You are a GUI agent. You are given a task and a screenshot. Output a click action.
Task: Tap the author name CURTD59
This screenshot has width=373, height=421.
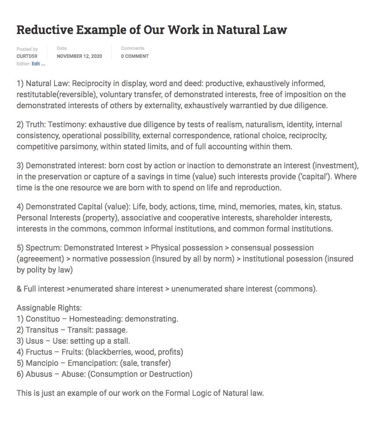(26, 57)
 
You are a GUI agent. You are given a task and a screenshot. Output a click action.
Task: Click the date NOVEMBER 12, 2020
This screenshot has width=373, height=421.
(79, 57)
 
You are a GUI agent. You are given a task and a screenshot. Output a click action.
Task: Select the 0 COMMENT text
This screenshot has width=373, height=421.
(135, 57)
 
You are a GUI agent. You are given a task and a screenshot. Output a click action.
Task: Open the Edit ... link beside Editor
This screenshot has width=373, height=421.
(38, 64)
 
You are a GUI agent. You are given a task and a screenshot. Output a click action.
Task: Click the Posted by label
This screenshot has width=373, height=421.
(27, 49)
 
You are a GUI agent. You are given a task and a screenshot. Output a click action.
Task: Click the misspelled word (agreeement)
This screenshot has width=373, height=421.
(39, 259)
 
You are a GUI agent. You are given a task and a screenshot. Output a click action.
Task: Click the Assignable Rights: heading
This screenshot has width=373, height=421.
(49, 308)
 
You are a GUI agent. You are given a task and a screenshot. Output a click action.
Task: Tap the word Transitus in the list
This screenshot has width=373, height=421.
(43, 330)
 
